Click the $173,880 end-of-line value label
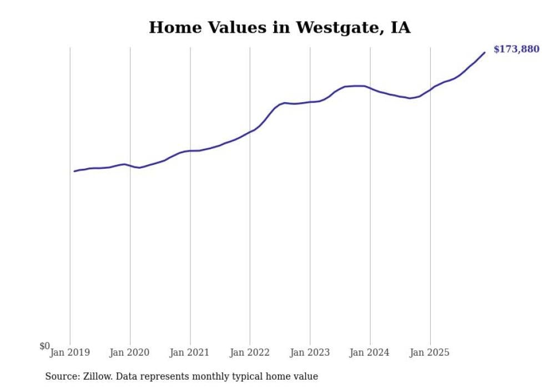point(516,49)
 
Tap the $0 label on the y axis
point(44,346)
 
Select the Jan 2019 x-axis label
point(70,352)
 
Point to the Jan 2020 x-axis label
point(130,352)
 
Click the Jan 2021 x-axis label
point(190,352)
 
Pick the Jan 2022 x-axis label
point(250,352)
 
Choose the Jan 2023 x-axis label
point(310,352)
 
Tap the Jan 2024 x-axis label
point(370,352)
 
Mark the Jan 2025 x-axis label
point(430,352)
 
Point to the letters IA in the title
point(400,28)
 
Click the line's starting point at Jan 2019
point(74,171)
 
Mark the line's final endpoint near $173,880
point(485,53)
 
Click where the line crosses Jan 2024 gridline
point(370,88)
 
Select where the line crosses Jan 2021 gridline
point(190,151)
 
